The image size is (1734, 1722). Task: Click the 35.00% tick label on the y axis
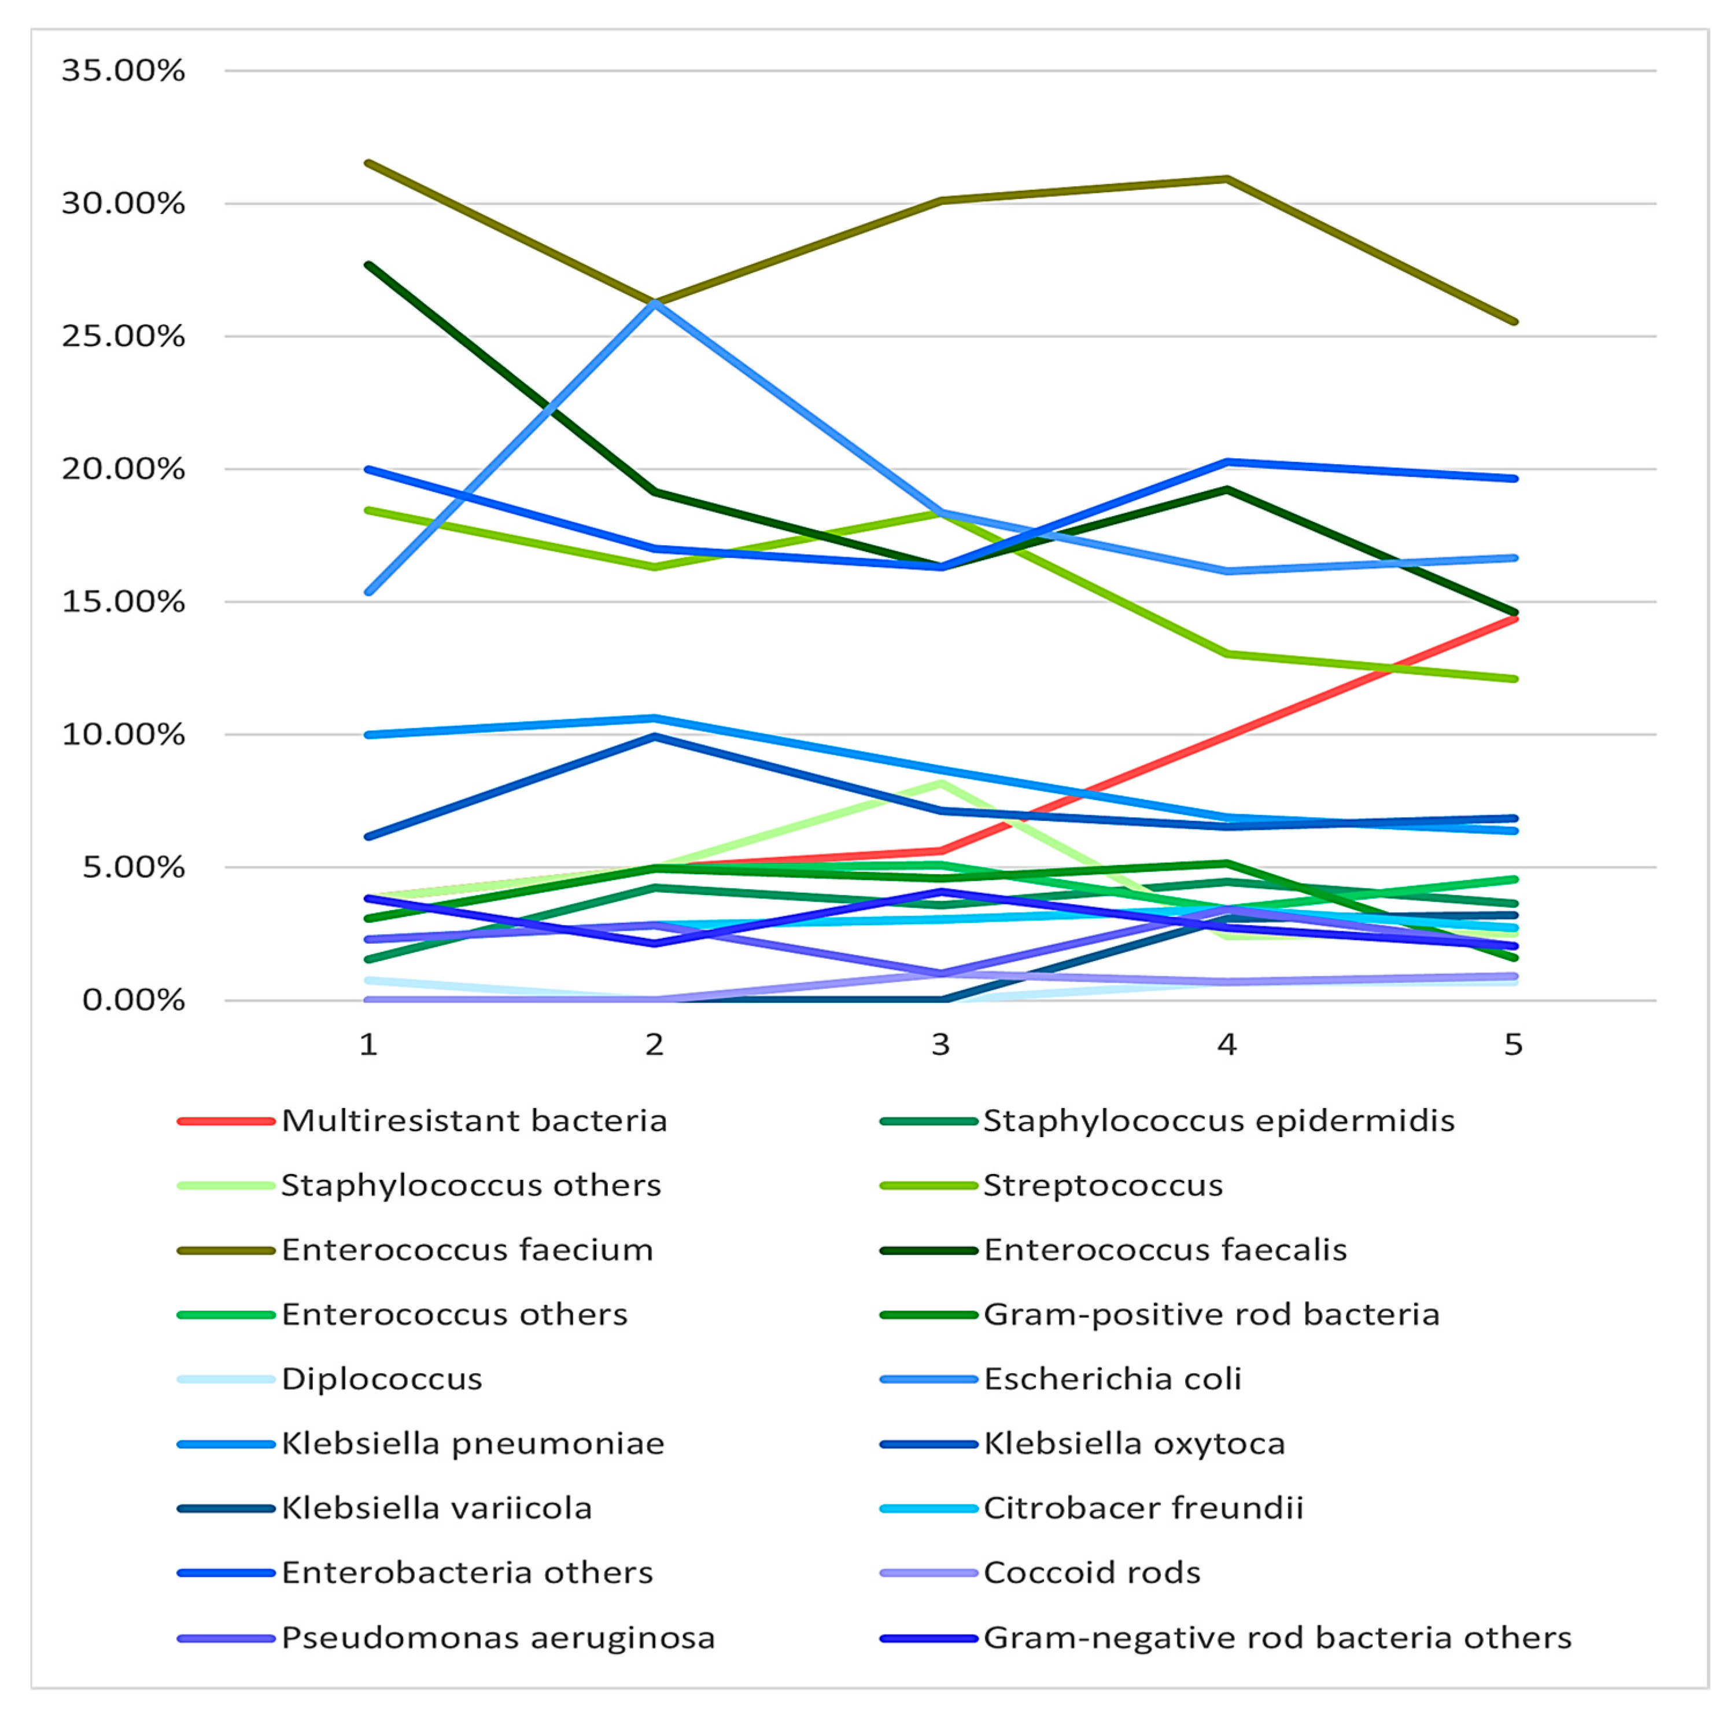[123, 71]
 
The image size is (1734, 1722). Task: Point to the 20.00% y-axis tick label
[123, 469]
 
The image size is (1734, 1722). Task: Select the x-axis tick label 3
[940, 1044]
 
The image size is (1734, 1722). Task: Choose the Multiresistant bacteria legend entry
[474, 1121]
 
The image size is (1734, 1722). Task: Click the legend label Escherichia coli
[1112, 1379]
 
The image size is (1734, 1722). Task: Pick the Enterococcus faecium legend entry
[467, 1250]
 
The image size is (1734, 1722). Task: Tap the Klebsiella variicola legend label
[436, 1508]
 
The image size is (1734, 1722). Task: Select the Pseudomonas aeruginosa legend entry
[498, 1638]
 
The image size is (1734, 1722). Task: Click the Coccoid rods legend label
[1091, 1573]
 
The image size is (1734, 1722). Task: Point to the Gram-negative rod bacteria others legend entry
[1277, 1638]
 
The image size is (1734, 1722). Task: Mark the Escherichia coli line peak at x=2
[655, 303]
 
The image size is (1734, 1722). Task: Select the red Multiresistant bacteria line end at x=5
[1514, 619]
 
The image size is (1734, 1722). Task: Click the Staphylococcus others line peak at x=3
[940, 783]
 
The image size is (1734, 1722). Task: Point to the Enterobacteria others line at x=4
[1227, 462]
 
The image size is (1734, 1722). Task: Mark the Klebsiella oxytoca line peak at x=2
[655, 736]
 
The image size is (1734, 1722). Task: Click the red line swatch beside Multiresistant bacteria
[225, 1121]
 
